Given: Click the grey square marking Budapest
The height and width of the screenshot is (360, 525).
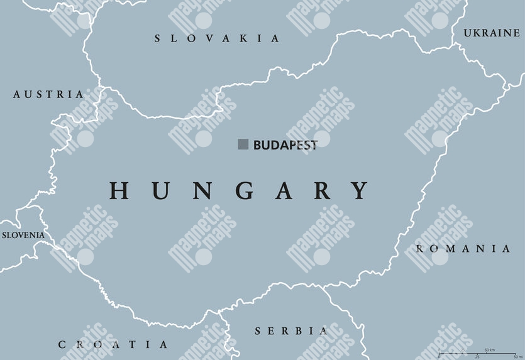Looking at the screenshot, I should tap(243, 145).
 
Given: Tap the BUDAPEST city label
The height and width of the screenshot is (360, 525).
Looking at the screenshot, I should tap(285, 145).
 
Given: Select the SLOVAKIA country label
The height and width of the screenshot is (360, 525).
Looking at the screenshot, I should tap(217, 39).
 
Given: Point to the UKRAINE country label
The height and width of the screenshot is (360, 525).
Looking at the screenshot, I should tap(491, 33).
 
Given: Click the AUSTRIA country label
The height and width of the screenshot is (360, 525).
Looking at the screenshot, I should tap(48, 94).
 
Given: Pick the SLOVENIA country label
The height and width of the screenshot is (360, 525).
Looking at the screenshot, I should tap(23, 235).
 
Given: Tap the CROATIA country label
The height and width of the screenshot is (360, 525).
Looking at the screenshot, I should tap(113, 344).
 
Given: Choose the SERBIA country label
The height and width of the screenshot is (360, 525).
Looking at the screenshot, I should tap(291, 330).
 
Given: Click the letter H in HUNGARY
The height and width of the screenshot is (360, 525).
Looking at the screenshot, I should tap(120, 190).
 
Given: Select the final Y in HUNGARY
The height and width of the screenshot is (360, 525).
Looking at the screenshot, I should tap(359, 190).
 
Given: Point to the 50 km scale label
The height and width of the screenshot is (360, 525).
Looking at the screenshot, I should tap(489, 349).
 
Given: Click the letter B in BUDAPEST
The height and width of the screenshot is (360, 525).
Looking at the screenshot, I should tap(257, 145).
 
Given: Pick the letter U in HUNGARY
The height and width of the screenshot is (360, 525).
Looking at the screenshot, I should tap(160, 190).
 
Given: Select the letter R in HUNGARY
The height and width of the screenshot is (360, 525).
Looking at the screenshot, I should tap(323, 190).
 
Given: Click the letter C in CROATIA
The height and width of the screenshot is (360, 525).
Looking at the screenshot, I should tap(62, 344).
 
